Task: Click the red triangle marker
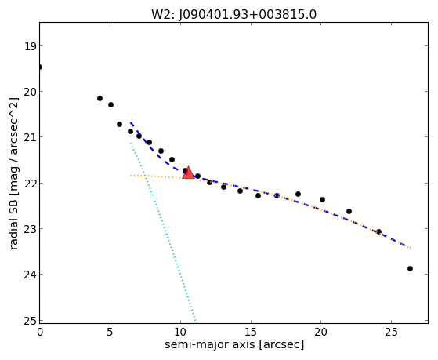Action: click(188, 173)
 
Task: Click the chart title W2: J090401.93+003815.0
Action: click(233, 14)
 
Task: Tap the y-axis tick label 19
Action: click(30, 46)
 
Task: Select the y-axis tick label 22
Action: click(30, 184)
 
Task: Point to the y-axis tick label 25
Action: click(30, 321)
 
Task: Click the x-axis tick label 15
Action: click(251, 333)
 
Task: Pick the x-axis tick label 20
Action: click(320, 333)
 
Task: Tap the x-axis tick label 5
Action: click(110, 333)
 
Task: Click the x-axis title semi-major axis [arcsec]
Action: click(234, 344)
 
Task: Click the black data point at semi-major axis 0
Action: click(40, 67)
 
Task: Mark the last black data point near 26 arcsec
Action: click(410, 268)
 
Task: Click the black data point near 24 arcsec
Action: click(378, 231)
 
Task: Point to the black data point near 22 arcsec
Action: click(349, 211)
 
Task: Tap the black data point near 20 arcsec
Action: click(322, 199)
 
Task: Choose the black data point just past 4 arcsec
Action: click(100, 98)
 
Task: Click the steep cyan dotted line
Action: click(163, 231)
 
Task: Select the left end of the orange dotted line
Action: click(130, 176)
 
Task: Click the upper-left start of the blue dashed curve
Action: click(130, 122)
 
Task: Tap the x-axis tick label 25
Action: click(391, 333)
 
